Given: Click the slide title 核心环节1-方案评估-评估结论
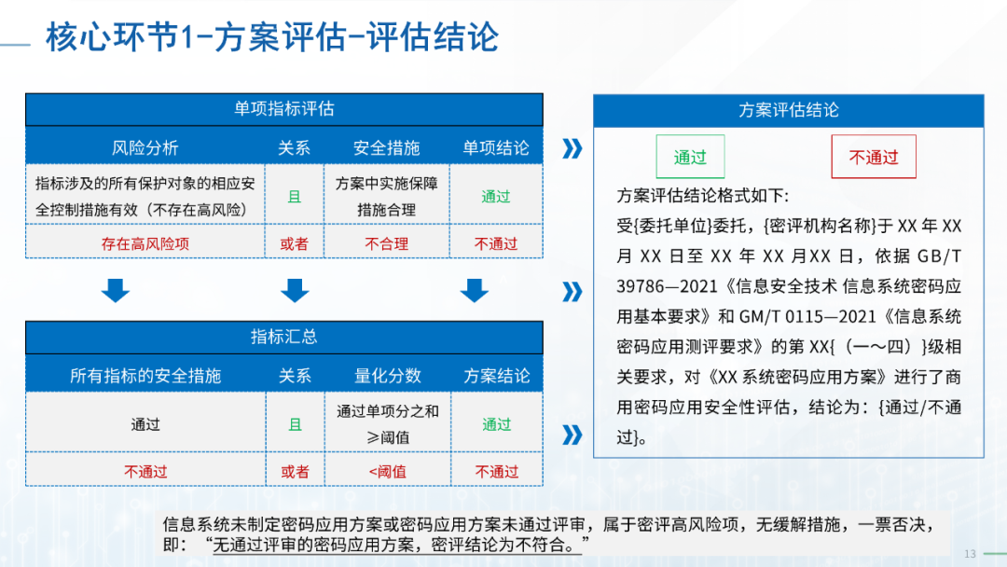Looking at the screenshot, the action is click(x=272, y=36).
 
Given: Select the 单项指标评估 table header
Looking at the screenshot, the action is click(x=283, y=109).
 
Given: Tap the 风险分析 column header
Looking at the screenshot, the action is click(x=145, y=147).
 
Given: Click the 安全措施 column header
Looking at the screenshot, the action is click(x=387, y=147).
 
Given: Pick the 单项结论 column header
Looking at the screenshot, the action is click(x=496, y=147).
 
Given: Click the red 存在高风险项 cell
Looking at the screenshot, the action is click(x=145, y=243).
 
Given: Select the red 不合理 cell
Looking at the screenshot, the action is click(x=387, y=243).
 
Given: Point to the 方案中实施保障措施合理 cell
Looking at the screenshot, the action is click(x=387, y=196).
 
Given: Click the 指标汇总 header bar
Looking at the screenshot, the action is click(x=283, y=337).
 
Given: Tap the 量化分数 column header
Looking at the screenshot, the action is click(x=388, y=376).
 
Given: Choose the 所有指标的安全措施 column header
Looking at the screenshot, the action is click(x=145, y=376).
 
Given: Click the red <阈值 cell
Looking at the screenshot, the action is click(x=388, y=471).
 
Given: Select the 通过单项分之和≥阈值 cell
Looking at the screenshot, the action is click(x=388, y=423).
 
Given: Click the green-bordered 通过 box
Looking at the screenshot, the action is click(x=690, y=157).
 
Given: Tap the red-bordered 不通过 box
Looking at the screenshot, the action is click(x=874, y=157).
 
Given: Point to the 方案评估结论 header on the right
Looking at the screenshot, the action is click(x=789, y=110).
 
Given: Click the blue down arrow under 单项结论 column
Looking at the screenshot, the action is click(x=474, y=290).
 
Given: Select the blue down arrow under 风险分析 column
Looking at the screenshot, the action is click(x=116, y=290).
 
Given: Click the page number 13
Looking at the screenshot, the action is click(x=970, y=554).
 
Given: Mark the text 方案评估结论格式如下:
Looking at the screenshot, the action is click(x=703, y=196).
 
